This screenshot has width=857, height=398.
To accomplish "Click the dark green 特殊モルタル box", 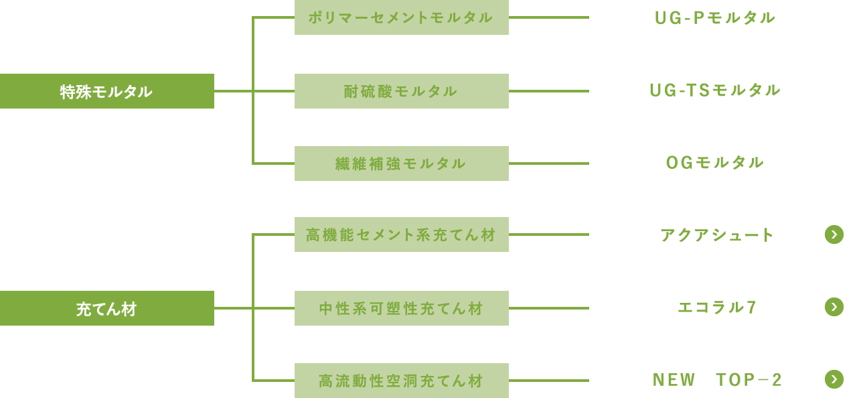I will (x=107, y=91).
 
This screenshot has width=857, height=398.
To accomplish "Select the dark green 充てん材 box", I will (x=107, y=308).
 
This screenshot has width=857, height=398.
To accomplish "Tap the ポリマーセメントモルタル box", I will (x=401, y=17).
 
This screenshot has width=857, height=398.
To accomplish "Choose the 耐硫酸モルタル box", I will (x=401, y=91).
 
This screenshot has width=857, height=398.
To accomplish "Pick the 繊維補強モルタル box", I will (x=401, y=163).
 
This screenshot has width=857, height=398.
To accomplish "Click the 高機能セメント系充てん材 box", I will (x=401, y=235).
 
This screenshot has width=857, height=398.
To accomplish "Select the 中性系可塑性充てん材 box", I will (x=401, y=308).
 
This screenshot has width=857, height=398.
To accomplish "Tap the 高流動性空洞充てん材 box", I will (x=401, y=381).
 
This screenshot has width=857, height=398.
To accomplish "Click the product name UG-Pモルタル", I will (x=715, y=18).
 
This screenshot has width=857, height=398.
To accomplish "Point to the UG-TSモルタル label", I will (x=715, y=90).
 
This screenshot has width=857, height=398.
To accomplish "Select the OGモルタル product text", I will (x=715, y=163).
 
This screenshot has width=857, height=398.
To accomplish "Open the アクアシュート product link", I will (x=717, y=235).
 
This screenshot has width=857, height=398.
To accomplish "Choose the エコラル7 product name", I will (x=717, y=308).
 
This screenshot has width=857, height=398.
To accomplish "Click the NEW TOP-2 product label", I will (x=717, y=381).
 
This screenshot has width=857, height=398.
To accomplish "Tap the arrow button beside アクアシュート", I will (x=834, y=235).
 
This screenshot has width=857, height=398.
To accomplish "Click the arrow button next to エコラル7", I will (x=834, y=307).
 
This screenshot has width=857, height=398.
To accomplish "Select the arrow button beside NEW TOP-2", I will (x=834, y=379).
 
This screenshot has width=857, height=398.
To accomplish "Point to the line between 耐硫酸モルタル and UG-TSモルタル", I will (x=549, y=91).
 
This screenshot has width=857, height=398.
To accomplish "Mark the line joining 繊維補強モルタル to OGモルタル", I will (x=549, y=163).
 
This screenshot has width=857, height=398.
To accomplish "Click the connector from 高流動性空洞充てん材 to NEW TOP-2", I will (x=549, y=381).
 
